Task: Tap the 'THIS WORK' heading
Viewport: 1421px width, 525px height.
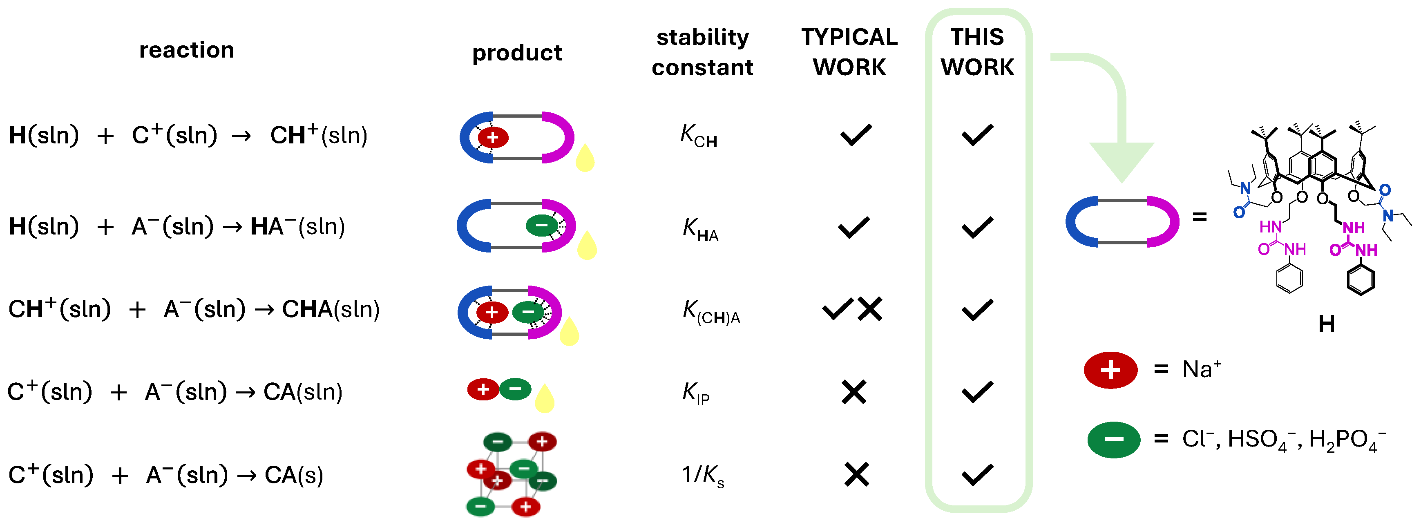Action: pyautogui.click(x=977, y=52)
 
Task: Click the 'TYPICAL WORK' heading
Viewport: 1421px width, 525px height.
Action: pyautogui.click(x=849, y=52)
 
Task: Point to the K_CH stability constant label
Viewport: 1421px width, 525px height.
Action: pyautogui.click(x=698, y=136)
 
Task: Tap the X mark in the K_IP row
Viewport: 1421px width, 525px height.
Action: pyautogui.click(x=854, y=392)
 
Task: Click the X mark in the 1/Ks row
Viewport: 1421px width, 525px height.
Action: pyautogui.click(x=856, y=474)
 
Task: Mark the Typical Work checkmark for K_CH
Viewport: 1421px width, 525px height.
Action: pyautogui.click(x=856, y=135)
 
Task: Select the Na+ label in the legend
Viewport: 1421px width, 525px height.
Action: pyautogui.click(x=1202, y=369)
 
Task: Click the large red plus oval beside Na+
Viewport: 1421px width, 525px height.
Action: pyautogui.click(x=1110, y=369)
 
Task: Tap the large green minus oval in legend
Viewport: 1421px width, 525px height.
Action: pyautogui.click(x=1113, y=440)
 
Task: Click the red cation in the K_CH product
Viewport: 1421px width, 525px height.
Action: pyautogui.click(x=493, y=137)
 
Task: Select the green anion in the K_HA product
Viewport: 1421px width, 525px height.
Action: pyautogui.click(x=542, y=225)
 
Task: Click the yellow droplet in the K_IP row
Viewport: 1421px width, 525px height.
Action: pyautogui.click(x=545, y=398)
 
